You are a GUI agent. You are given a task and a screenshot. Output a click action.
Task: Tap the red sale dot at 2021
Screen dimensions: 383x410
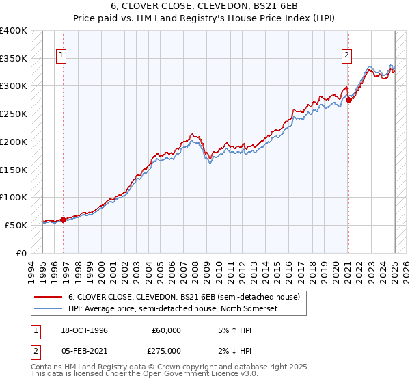pos(348,100)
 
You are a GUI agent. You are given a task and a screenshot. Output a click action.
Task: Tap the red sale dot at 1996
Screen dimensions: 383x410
pos(63,220)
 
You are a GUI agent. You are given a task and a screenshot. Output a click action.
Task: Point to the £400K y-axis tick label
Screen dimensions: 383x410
pos(14,31)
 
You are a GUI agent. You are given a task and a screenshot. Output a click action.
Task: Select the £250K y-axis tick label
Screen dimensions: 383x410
pos(14,114)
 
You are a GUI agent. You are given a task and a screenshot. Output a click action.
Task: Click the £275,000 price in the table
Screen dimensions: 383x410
pos(165,352)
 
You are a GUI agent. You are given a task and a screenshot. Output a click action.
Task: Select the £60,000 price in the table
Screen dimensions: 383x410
pos(167,331)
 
